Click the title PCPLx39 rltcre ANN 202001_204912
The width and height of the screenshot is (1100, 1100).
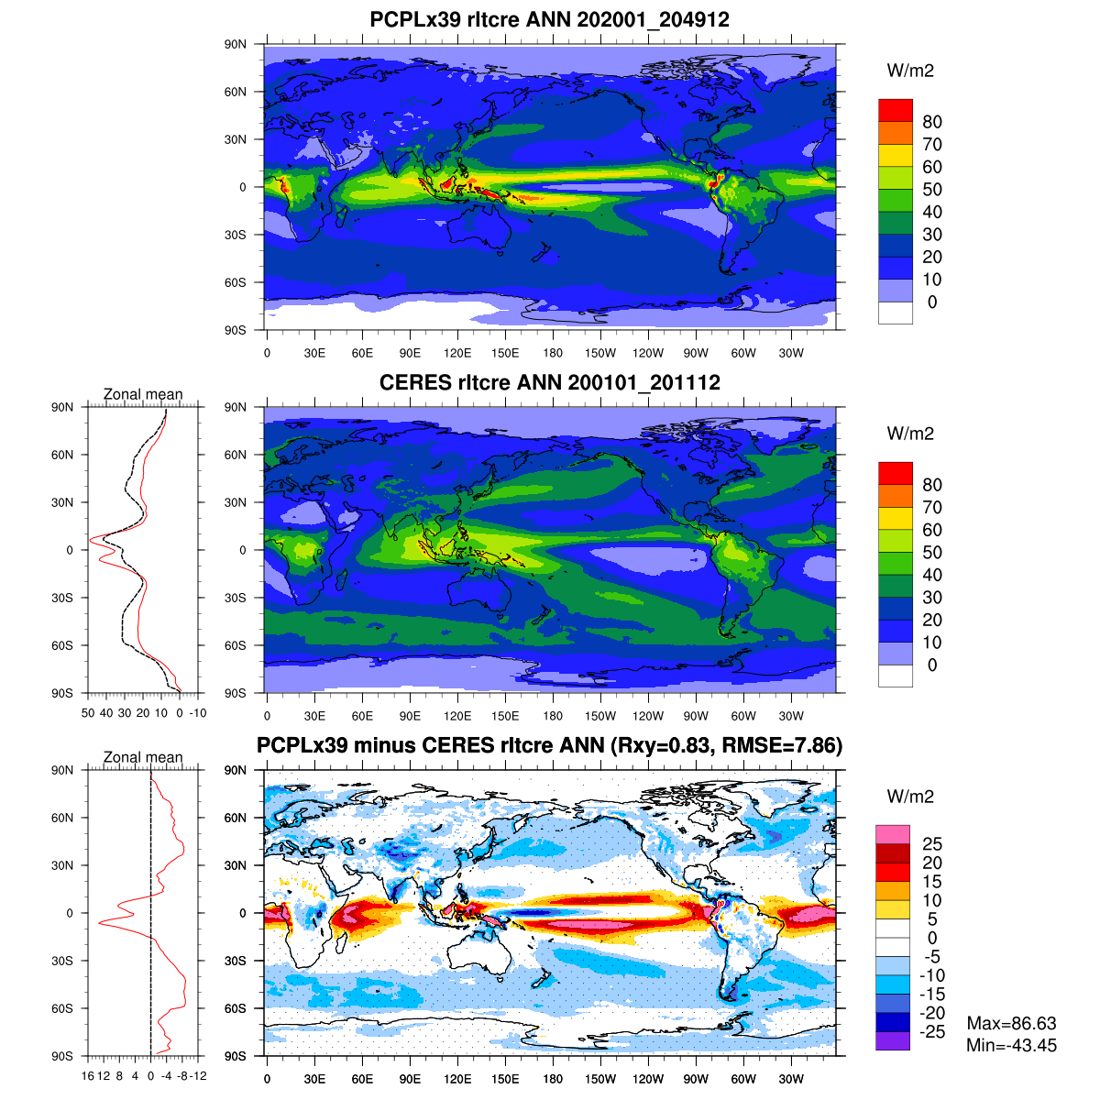click(x=549, y=20)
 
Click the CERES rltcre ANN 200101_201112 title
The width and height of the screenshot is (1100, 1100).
click(x=549, y=383)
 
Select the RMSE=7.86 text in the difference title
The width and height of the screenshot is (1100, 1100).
click(x=781, y=746)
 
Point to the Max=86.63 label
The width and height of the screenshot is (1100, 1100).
click(x=1011, y=1024)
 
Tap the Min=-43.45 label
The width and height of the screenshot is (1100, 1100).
click(x=1011, y=1046)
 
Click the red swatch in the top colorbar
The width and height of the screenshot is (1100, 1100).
click(x=895, y=110)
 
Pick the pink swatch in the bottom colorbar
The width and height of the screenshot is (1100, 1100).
click(x=892, y=834)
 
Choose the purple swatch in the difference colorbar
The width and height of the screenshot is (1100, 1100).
click(x=892, y=1040)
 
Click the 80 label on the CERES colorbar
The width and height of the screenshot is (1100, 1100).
click(x=932, y=485)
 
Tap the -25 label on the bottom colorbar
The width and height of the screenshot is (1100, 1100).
click(x=932, y=1032)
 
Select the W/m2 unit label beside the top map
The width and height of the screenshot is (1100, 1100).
click(x=910, y=71)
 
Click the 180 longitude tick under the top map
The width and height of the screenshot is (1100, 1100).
click(x=553, y=354)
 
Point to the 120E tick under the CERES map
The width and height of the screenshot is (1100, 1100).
click(x=457, y=717)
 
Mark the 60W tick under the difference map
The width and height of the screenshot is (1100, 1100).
click(x=743, y=1080)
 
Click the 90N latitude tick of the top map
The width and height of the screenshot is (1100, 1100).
click(x=236, y=44)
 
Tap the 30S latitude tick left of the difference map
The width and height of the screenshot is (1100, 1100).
click(x=236, y=961)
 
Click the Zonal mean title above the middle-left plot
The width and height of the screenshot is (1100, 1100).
click(x=143, y=394)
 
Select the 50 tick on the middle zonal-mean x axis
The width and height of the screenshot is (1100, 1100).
click(x=88, y=713)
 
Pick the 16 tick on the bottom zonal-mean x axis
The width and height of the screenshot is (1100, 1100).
click(x=88, y=1076)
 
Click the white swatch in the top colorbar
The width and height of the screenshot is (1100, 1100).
click(x=895, y=313)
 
